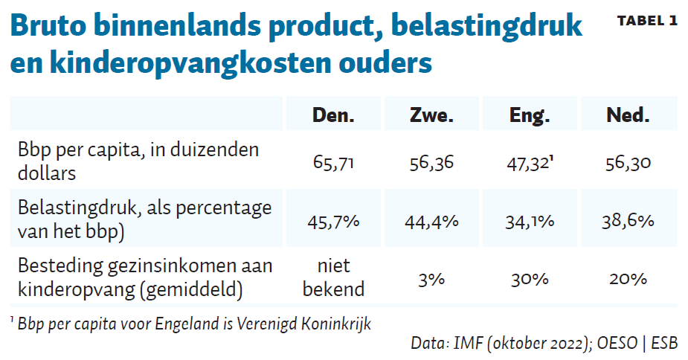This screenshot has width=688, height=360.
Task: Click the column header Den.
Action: click(x=333, y=115)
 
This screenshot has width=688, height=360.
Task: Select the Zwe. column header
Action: click(x=431, y=115)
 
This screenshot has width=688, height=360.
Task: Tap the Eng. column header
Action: click(x=530, y=115)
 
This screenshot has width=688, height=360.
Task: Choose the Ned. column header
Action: click(x=628, y=115)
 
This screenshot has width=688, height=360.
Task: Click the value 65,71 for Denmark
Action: click(x=333, y=163)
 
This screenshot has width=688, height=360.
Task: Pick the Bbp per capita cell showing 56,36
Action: click(x=431, y=163)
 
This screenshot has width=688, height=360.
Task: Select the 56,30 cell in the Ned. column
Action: click(x=628, y=163)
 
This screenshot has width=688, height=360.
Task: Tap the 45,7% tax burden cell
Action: click(x=333, y=221)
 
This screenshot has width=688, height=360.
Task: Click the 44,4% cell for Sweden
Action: click(x=431, y=221)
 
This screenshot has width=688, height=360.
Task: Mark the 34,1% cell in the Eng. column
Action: click(x=530, y=221)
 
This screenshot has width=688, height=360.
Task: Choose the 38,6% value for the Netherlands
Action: click(x=628, y=221)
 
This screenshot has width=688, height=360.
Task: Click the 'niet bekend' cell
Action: click(x=333, y=277)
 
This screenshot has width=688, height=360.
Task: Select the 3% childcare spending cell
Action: click(x=431, y=279)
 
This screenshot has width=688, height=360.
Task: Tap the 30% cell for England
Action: click(x=530, y=279)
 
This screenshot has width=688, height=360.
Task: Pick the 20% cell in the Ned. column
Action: click(x=628, y=279)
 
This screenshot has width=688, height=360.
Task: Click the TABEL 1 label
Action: click(x=646, y=21)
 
